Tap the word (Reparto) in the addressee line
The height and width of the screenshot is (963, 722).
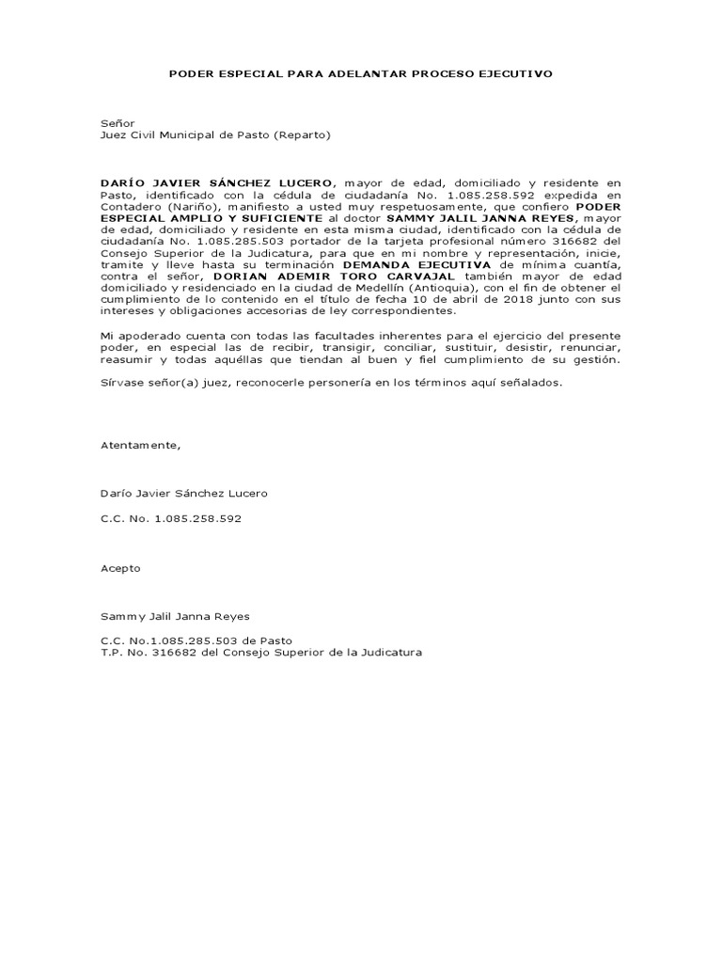point(302,134)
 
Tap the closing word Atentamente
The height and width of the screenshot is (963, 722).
point(139,445)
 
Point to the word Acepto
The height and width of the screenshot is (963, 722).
point(120,568)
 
